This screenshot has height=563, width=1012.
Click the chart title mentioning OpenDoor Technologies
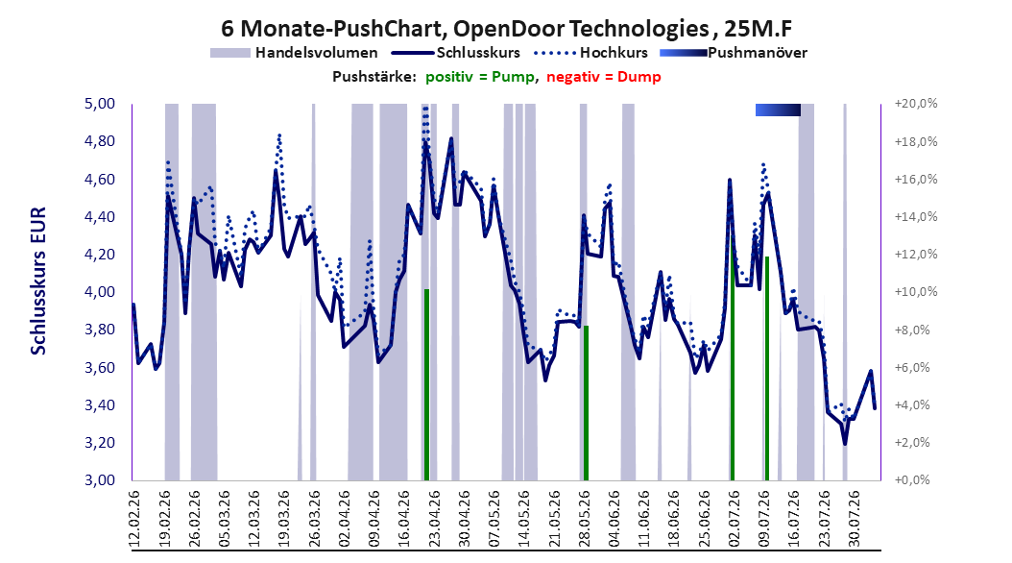coord(507,29)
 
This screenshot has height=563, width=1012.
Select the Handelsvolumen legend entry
coord(295,53)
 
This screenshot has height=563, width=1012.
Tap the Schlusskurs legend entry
coord(456,53)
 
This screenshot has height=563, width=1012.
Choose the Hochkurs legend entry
coord(590,53)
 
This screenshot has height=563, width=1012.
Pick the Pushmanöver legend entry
coord(734,53)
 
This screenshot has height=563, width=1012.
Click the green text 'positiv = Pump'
coord(480,77)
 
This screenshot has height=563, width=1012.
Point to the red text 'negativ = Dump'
coord(604,77)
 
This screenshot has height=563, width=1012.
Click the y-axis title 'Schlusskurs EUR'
coord(38,281)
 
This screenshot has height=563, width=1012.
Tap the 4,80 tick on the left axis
coord(100,141)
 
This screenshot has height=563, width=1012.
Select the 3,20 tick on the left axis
coord(100,443)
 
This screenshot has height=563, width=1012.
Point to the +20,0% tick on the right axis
coord(916,104)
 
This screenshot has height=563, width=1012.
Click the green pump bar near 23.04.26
coord(426,385)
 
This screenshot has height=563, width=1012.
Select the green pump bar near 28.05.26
coord(586,404)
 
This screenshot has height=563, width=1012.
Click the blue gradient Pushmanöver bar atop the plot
coord(778,110)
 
